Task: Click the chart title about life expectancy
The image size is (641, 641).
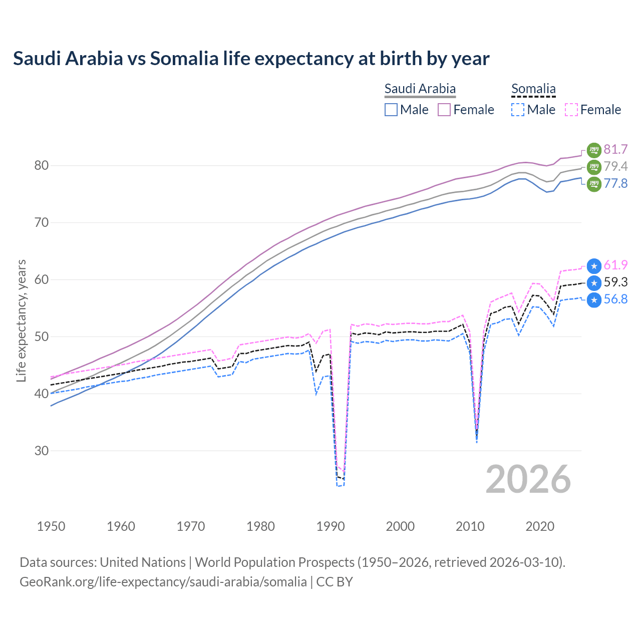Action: [x=251, y=59]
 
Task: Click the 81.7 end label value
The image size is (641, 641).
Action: [x=615, y=149]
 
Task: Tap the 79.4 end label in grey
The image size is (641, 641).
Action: [x=615, y=166]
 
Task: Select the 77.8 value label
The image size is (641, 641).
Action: [x=615, y=183]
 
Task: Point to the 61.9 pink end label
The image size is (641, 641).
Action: [x=615, y=265]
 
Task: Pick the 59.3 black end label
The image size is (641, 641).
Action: [x=615, y=282]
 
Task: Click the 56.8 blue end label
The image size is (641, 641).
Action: [x=615, y=299]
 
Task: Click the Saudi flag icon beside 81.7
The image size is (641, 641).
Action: [x=594, y=150]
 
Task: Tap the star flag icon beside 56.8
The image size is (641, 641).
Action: [x=594, y=300]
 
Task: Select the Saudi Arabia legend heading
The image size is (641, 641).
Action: [x=420, y=89]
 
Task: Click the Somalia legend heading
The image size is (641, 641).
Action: [x=533, y=89]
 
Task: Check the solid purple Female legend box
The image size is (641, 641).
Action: [x=444, y=110]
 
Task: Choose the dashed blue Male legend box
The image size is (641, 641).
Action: [x=518, y=110]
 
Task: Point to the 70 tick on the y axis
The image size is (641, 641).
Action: [x=42, y=222]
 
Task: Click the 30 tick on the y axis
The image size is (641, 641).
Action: [x=42, y=451]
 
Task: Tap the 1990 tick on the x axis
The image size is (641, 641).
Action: [x=331, y=526]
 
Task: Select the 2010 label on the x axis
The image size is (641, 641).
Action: [x=470, y=526]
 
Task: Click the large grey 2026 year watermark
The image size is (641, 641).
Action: [x=528, y=479]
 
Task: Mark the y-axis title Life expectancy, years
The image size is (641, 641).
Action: [x=22, y=320]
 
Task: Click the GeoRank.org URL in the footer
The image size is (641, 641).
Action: [x=163, y=582]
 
